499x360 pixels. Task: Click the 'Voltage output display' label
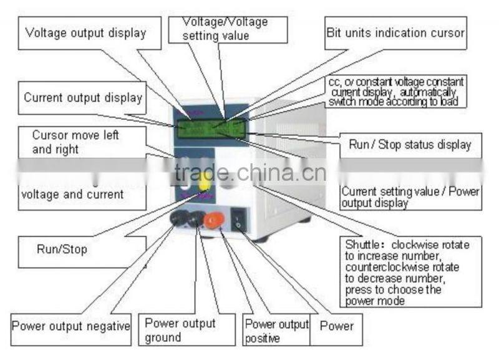(85, 33)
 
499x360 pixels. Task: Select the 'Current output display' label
(83, 97)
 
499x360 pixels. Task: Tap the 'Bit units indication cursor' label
(395, 33)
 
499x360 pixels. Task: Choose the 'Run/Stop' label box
(61, 250)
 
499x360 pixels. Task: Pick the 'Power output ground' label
(180, 330)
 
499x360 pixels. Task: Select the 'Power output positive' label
(276, 330)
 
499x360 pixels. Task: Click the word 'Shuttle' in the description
(364, 243)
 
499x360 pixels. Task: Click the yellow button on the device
(204, 182)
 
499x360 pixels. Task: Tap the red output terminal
(214, 220)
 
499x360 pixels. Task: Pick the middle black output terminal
(196, 218)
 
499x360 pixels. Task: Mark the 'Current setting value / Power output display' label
(410, 197)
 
